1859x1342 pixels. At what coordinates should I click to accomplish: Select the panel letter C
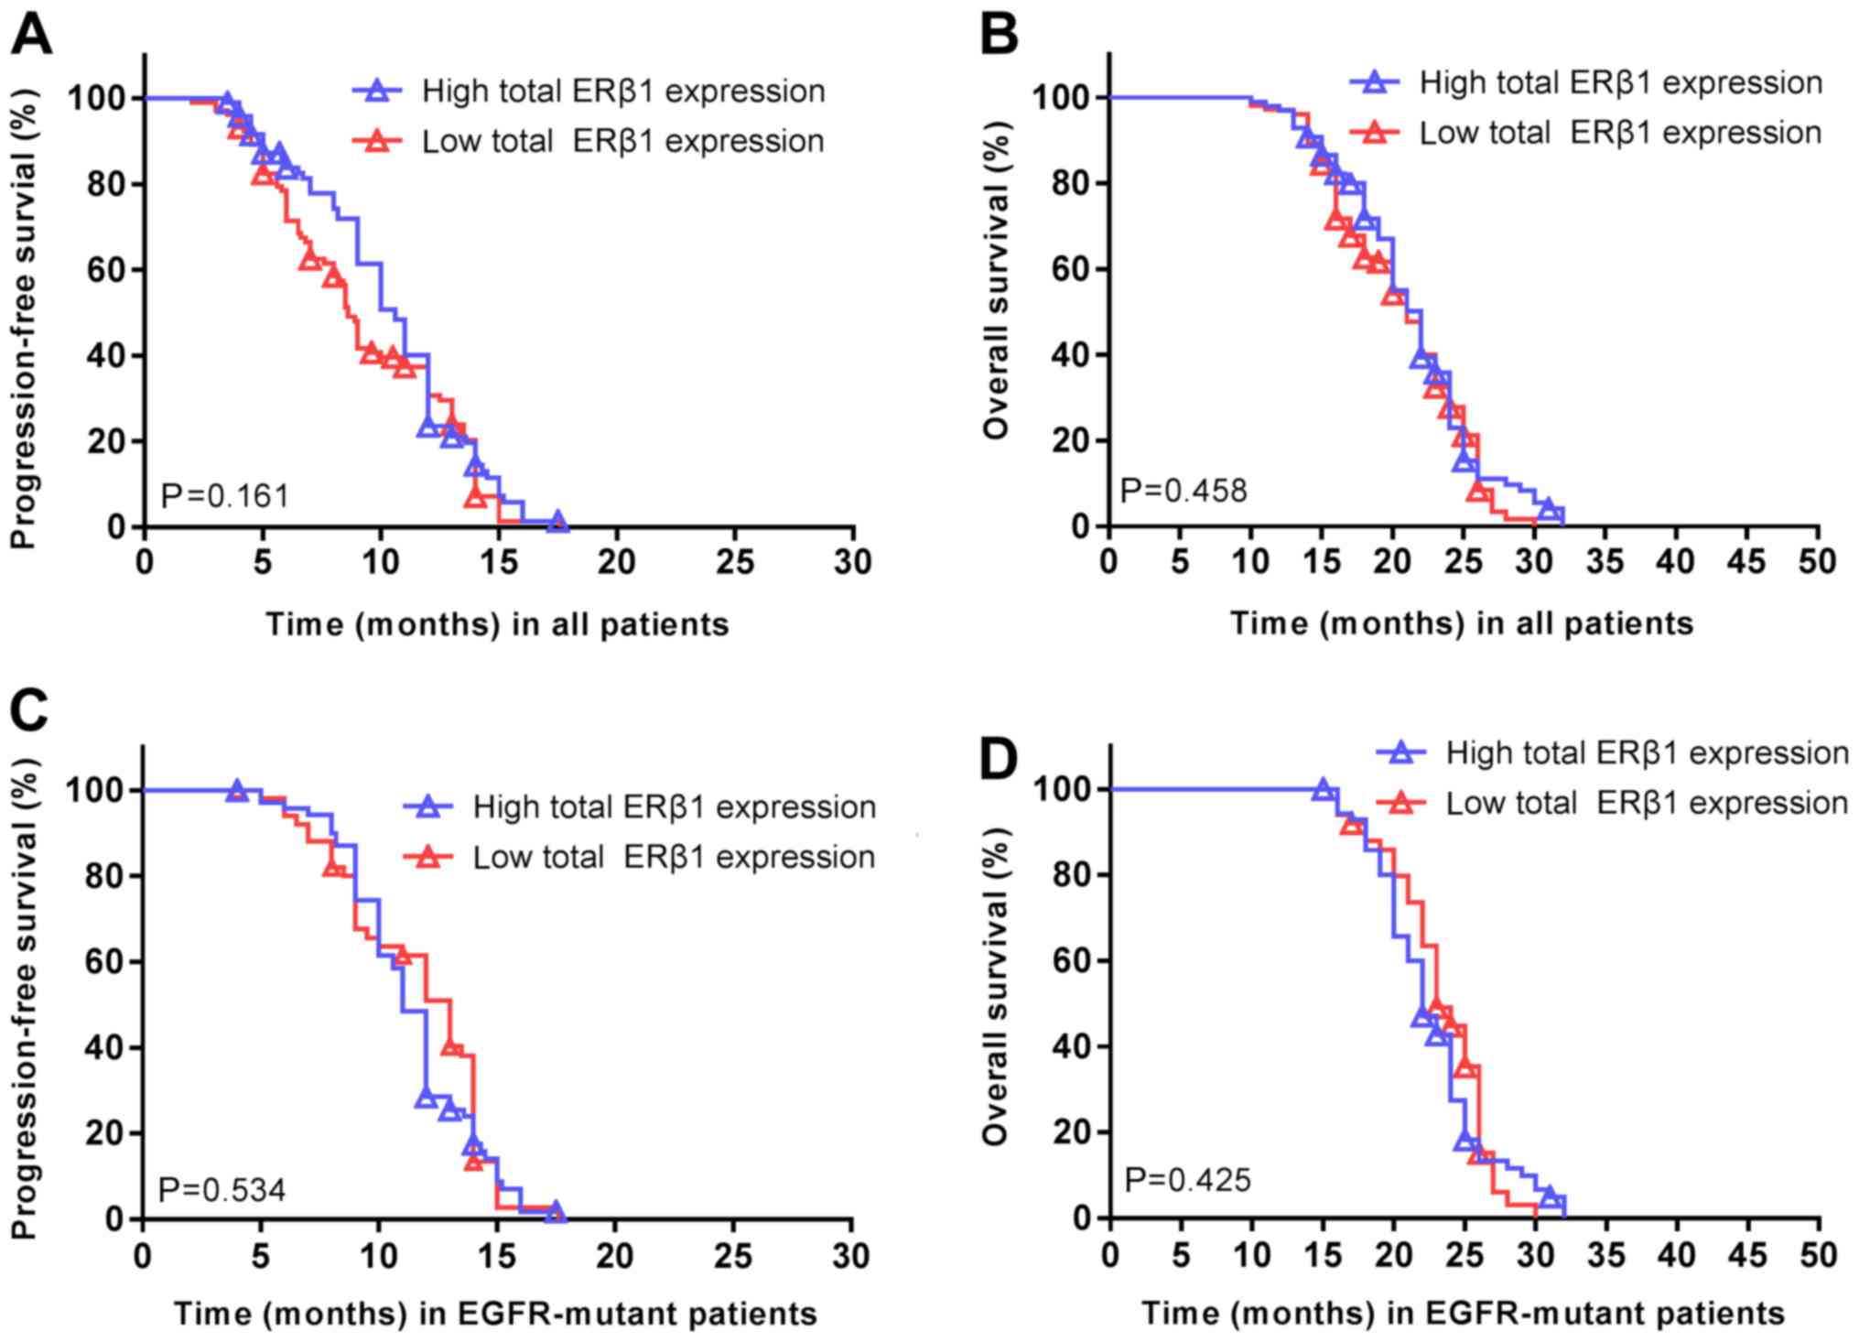tap(29, 711)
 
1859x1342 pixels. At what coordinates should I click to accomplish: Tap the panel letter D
tap(1000, 760)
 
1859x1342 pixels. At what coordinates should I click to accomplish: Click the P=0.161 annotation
tap(225, 496)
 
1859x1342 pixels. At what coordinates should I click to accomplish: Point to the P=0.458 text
tap(1183, 491)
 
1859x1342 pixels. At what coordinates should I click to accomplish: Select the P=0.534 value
tap(222, 1190)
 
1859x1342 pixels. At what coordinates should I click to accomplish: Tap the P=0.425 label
tap(1187, 1180)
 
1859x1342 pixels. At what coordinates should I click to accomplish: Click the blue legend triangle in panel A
tap(377, 91)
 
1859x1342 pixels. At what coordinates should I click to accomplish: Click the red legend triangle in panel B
tap(1375, 133)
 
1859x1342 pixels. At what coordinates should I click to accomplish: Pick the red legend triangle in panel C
tap(428, 857)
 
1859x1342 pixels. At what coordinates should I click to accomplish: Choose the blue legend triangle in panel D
tap(1401, 752)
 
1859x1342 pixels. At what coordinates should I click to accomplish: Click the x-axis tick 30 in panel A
tap(852, 562)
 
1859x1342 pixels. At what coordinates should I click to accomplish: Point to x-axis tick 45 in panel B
tap(1746, 561)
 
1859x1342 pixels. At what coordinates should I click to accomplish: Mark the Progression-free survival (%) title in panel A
tap(25, 318)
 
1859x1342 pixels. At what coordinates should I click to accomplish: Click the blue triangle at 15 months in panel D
tap(1323, 789)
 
